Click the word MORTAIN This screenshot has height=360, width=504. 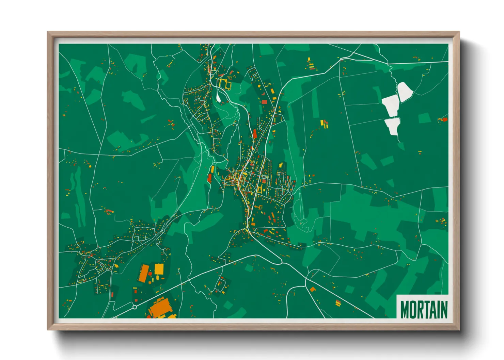(424, 309)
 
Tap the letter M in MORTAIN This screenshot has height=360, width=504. (404, 310)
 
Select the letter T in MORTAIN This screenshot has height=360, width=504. (426, 310)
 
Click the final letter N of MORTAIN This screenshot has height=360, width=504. (443, 310)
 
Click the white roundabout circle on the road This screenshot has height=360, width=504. (135, 307)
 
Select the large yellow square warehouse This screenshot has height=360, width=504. (159, 269)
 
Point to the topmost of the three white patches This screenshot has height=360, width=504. (405, 91)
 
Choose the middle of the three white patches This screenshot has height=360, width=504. (390, 105)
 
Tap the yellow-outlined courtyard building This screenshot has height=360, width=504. (225, 83)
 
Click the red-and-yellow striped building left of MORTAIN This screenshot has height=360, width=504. (338, 302)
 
